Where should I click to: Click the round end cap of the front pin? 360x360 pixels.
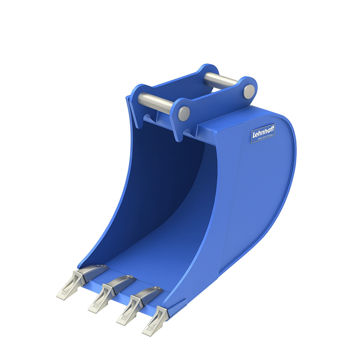(x=184, y=113)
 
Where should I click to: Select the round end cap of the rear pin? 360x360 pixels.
(x=249, y=91)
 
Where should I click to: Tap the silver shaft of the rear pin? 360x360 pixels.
(x=220, y=81)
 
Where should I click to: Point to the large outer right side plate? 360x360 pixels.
(x=253, y=197)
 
